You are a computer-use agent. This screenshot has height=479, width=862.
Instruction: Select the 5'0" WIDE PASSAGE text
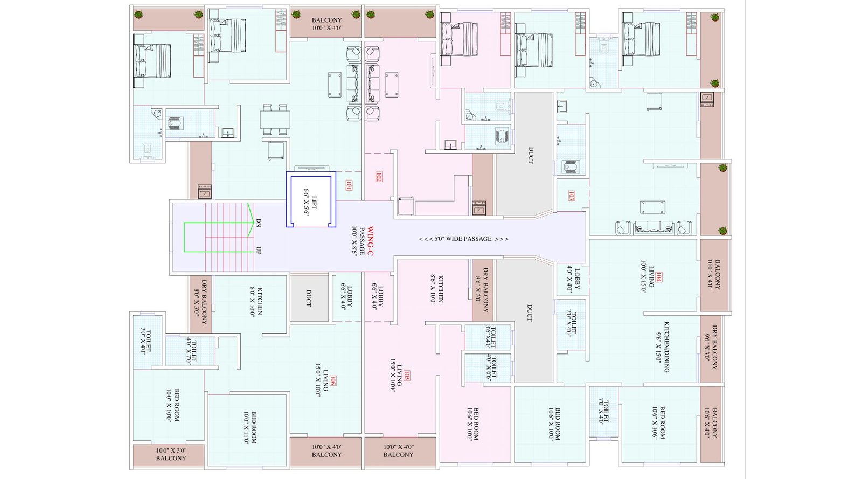coord(463,239)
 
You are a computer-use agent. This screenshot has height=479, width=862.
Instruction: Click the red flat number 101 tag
coord(349,185)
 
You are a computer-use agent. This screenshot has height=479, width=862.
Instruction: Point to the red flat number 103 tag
coord(571,196)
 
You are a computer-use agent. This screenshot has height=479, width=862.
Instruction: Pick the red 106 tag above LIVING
coord(333,381)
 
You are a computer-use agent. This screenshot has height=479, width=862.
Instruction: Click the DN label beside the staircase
coord(259,223)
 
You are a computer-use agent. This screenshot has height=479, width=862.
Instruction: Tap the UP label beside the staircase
coord(259,251)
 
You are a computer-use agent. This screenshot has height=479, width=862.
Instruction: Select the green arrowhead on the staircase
coord(250,214)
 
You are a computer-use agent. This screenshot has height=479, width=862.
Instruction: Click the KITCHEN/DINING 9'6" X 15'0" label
coord(662,347)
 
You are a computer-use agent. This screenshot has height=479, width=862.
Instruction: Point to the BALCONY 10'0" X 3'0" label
coord(171,454)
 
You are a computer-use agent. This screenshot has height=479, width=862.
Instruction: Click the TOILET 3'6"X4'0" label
coord(488,337)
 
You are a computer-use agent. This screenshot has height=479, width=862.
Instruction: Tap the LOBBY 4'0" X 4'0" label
coord(574,279)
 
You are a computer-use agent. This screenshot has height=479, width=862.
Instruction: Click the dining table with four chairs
coord(275,119)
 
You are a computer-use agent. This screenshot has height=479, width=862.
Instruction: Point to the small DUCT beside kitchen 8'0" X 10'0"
coord(309,298)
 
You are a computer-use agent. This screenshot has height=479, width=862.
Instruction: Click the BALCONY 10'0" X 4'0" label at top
coord(326,24)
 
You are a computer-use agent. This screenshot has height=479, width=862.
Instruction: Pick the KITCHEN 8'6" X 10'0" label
coord(436,289)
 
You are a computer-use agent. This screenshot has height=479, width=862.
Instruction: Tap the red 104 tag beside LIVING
coord(659,277)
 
